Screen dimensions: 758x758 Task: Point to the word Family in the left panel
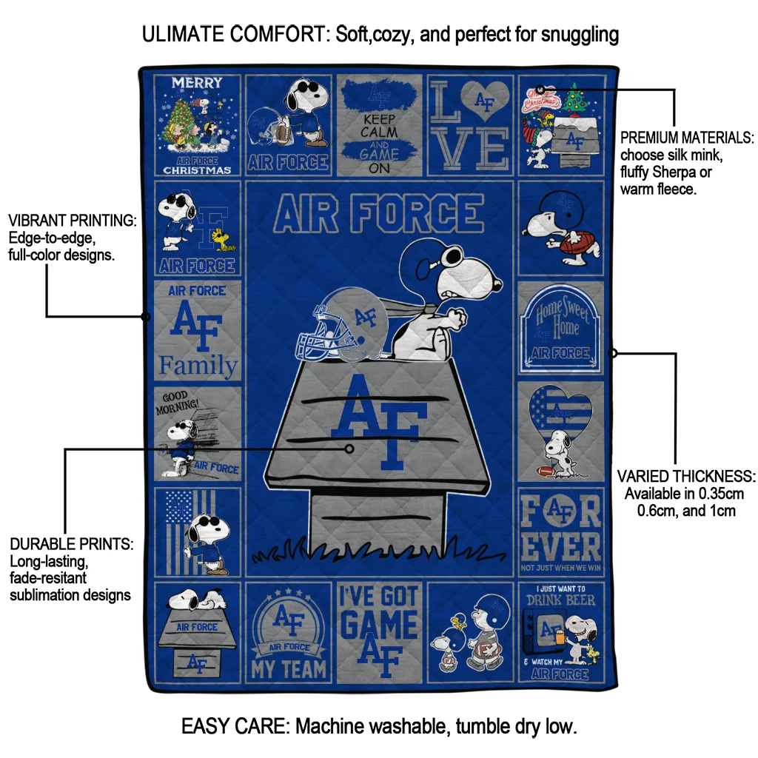[x=198, y=366]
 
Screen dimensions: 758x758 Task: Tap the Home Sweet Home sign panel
[x=561, y=326]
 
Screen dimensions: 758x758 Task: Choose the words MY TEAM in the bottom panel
[x=289, y=669]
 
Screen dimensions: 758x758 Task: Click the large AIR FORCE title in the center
[x=379, y=214]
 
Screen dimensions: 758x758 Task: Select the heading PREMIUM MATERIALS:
[x=687, y=138]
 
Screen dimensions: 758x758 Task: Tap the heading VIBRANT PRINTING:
[x=72, y=221]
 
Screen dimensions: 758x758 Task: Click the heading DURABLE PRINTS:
[x=71, y=544]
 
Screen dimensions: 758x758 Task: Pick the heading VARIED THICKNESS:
[x=686, y=476]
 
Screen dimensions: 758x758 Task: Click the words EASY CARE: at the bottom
[x=235, y=726]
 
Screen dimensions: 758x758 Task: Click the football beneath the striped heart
[x=545, y=471]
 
